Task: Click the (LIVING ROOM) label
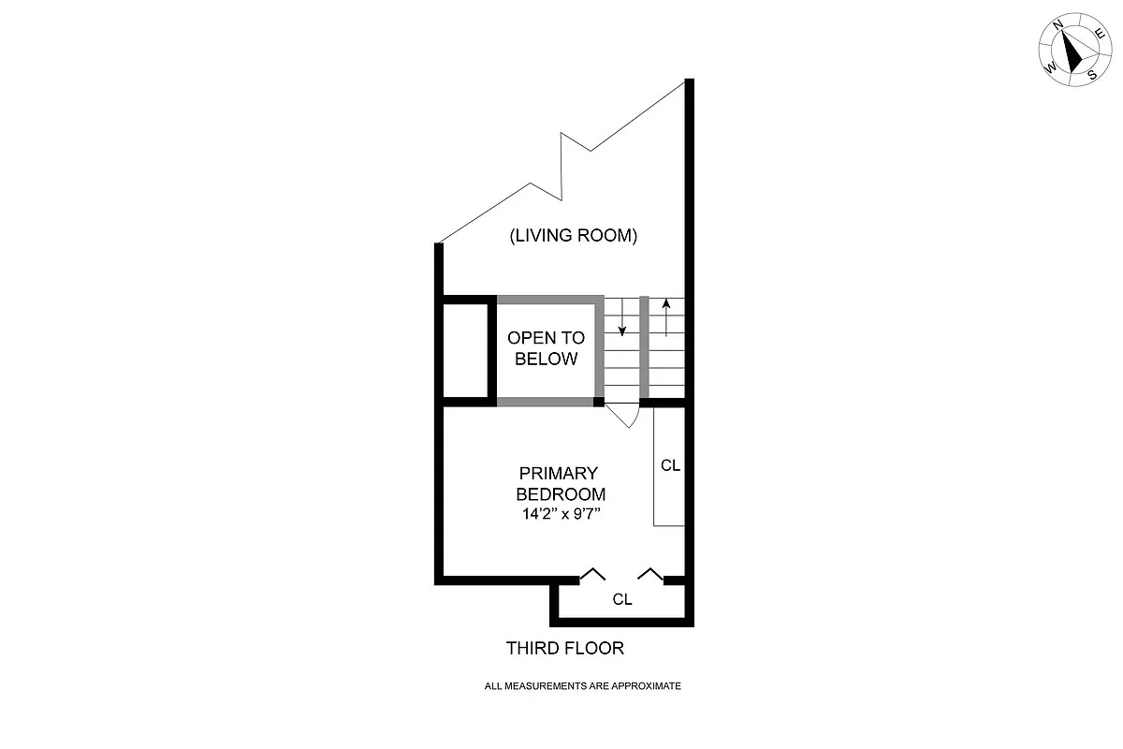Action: (573, 236)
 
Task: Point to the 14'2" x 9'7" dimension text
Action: (561, 513)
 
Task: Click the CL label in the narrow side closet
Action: (670, 465)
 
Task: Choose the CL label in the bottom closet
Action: (622, 600)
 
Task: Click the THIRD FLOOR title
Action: (564, 648)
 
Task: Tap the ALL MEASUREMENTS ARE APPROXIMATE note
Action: (582, 686)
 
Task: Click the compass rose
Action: (1073, 51)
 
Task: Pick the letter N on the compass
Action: (1057, 27)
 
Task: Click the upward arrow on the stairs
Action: (665, 316)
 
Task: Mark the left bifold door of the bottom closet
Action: (591, 573)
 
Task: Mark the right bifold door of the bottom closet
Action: (651, 573)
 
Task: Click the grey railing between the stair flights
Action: (644, 346)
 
